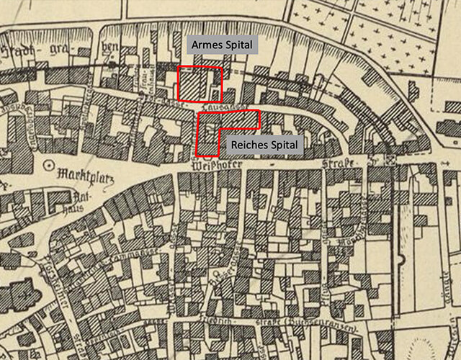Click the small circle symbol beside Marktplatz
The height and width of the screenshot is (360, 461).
[x=48, y=165]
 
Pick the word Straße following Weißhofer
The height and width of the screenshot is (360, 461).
[x=339, y=165]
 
